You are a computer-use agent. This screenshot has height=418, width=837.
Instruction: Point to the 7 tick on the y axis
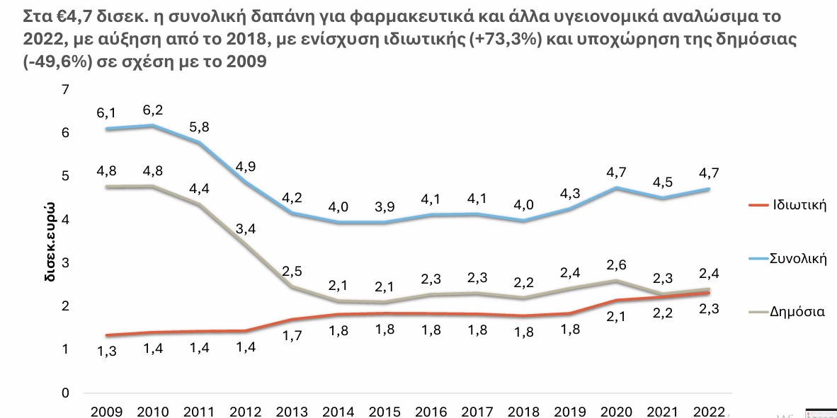tap(66, 89)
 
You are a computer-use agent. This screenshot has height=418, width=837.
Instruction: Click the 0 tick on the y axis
tap(66, 393)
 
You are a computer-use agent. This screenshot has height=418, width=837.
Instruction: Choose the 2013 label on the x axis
tap(290, 411)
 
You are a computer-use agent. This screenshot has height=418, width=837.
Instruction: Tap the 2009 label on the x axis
tap(107, 411)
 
